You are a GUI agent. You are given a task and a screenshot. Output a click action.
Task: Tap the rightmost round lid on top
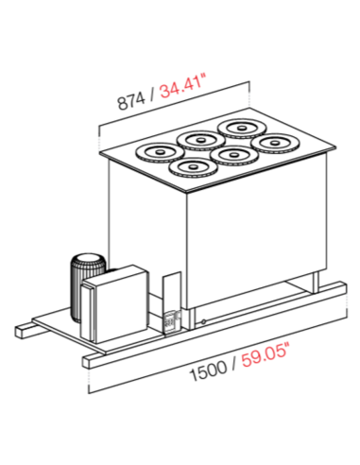[x=277, y=143]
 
